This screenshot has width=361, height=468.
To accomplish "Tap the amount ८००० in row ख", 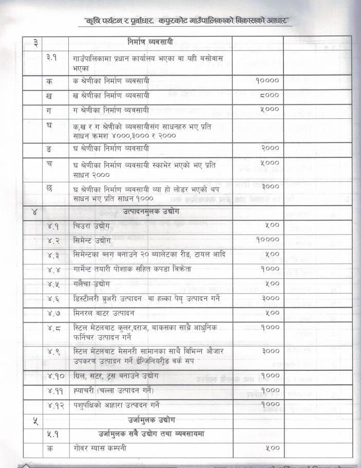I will click(270, 95).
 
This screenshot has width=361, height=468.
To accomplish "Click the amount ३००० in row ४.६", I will click(270, 298).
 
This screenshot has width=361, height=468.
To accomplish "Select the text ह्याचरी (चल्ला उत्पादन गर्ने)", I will click(113, 390).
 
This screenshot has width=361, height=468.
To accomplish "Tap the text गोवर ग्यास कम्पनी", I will click(99, 448).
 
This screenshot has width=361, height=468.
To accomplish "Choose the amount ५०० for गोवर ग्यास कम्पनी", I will click(272, 448).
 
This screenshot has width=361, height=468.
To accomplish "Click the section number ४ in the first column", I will click(35, 211).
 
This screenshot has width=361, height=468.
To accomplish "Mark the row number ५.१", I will click(52, 434).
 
